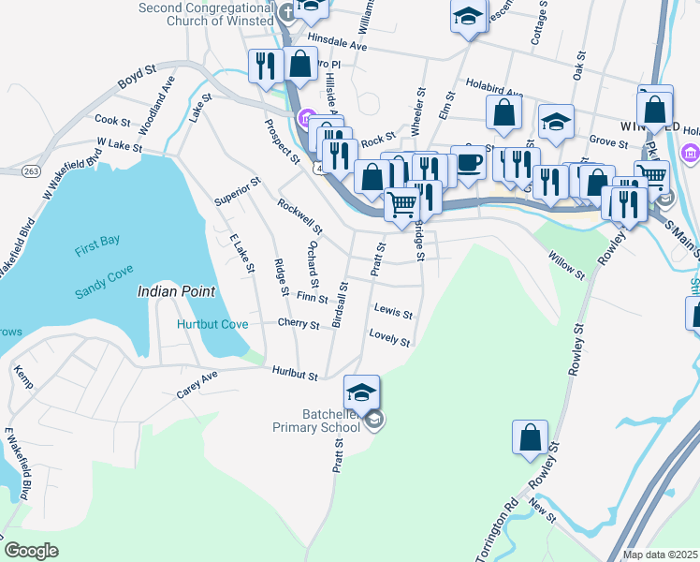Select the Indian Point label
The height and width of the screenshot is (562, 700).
pyautogui.click(x=176, y=291)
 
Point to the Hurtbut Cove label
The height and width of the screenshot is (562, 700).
pyautogui.click(x=212, y=324)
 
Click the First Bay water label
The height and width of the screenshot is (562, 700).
pyautogui.click(x=97, y=241)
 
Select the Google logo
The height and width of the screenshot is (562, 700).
pyautogui.click(x=31, y=550)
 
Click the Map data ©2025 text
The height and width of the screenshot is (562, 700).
pyautogui.click(x=660, y=555)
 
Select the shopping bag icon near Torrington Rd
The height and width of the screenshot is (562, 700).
pyautogui.click(x=530, y=438)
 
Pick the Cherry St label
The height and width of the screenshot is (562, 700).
pyautogui.click(x=299, y=323)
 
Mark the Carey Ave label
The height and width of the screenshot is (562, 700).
pyautogui.click(x=197, y=384)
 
